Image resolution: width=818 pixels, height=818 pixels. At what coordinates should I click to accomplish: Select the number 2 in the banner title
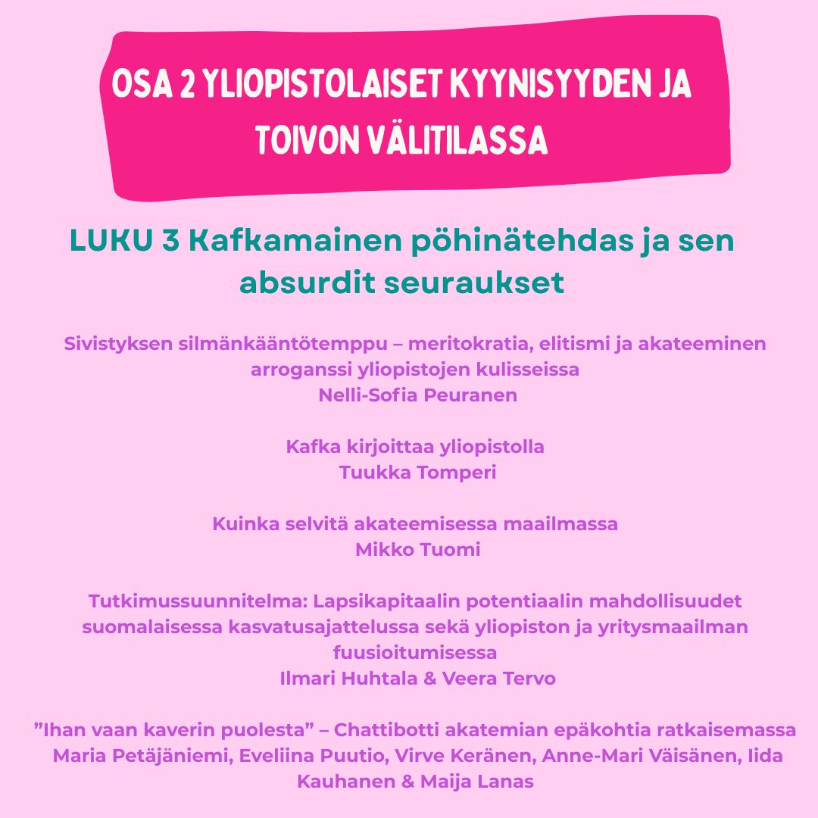[186, 86]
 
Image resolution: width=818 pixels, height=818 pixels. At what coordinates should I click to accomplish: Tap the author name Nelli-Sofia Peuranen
[417, 395]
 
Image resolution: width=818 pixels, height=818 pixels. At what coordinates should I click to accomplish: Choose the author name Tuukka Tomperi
[417, 473]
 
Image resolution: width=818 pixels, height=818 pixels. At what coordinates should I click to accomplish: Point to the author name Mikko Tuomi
[417, 550]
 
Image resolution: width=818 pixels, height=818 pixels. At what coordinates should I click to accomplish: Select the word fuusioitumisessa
[415, 653]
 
